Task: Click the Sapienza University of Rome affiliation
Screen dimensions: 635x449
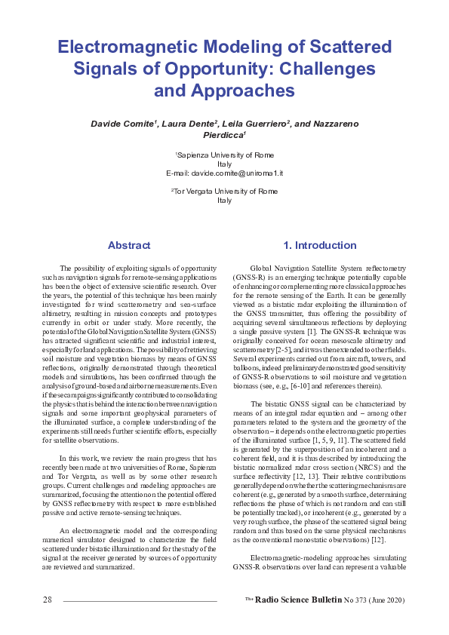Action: [225, 155]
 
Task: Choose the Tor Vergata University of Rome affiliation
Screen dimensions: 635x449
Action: [225, 192]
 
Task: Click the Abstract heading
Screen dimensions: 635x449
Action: [129, 246]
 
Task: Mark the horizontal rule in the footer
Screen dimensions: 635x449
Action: [140, 600]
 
